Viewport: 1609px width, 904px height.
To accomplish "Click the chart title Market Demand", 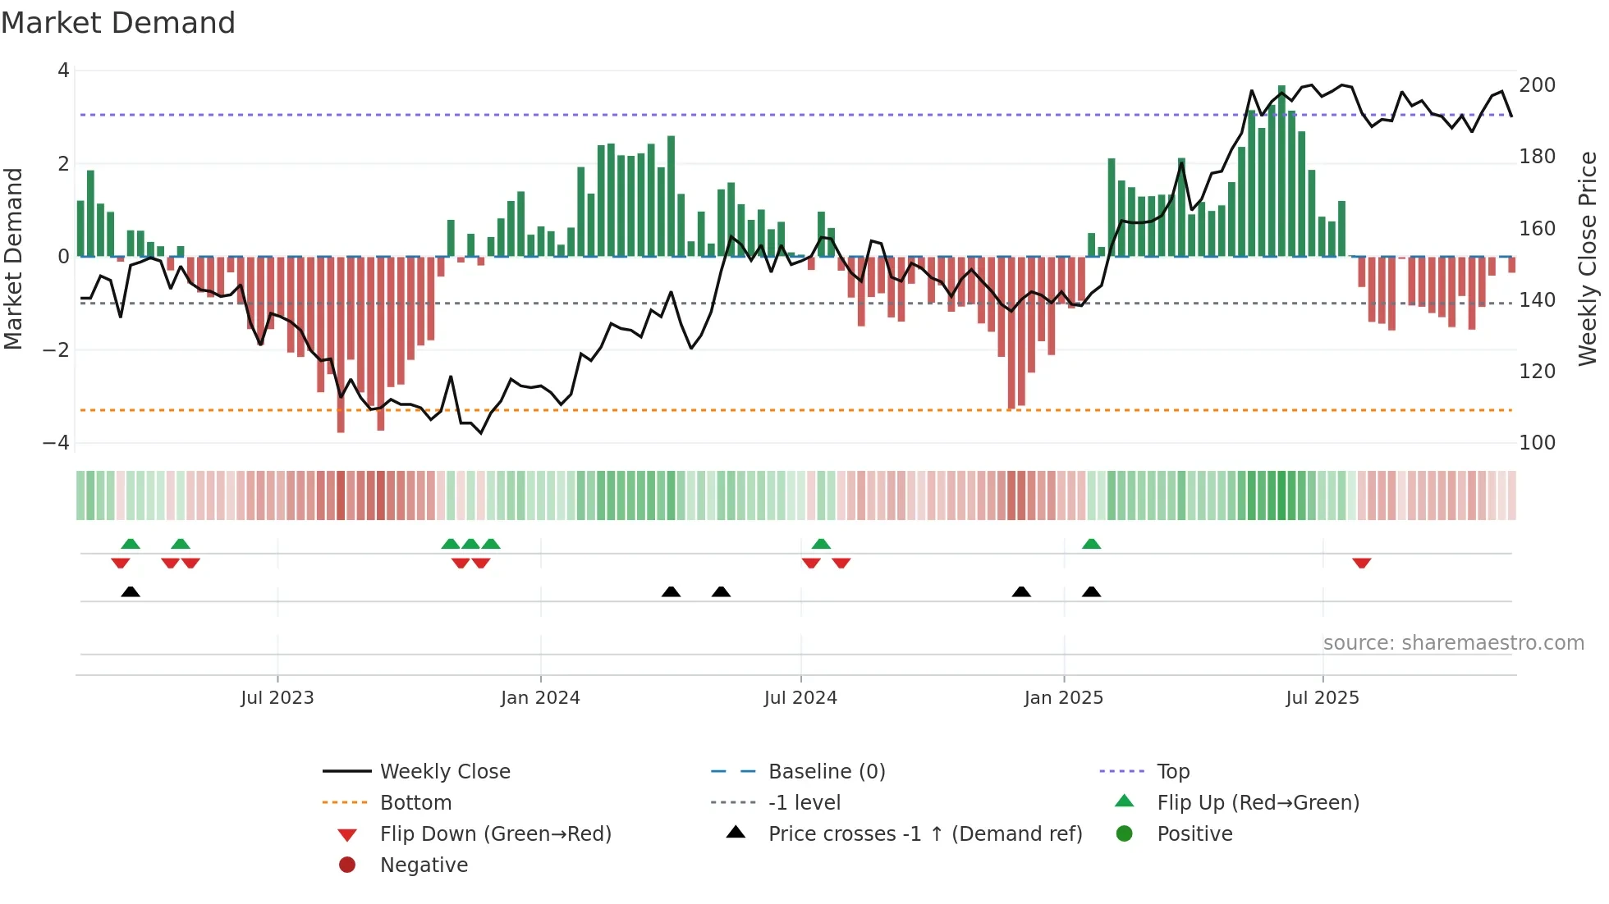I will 118,23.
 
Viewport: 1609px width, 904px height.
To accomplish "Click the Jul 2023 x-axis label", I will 277,698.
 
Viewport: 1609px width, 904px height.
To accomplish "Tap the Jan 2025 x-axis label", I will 1063,698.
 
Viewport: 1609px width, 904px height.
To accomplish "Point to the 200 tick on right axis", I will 1537,85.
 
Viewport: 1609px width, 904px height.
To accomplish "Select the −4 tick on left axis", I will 56,443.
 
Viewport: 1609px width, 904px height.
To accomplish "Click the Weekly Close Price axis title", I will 1588,258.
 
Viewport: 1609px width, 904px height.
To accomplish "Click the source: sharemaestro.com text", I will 1453,643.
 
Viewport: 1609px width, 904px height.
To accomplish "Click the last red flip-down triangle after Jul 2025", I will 1361,563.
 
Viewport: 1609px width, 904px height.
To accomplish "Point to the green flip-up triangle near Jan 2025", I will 1091,544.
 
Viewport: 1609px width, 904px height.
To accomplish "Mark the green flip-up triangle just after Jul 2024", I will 821,544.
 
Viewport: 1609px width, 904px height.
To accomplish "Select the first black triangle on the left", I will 131,591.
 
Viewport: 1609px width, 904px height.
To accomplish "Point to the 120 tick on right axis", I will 1537,372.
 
